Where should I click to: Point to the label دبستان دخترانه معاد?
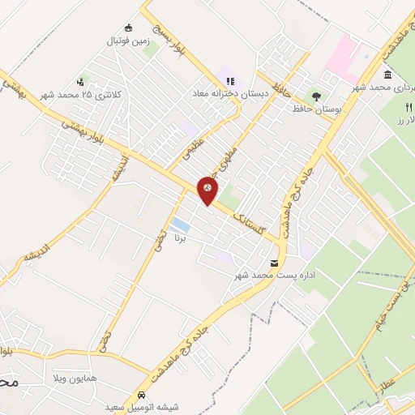[x=230, y=93]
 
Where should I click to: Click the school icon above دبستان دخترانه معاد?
[x=230, y=81]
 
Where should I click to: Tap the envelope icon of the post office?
[x=274, y=263]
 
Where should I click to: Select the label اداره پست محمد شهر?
[x=262, y=276]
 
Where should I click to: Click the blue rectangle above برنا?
[x=181, y=225]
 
